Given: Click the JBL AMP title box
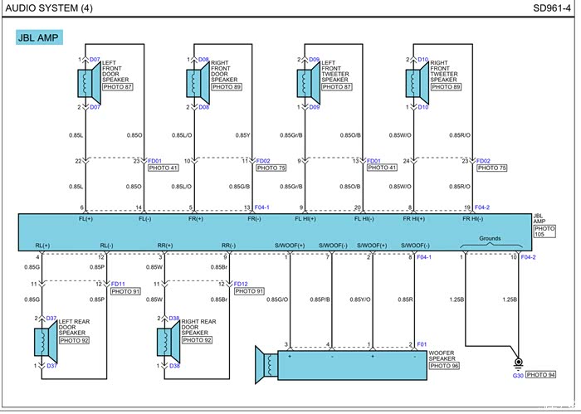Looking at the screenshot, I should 41,37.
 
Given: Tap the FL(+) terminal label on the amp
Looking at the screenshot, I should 85,219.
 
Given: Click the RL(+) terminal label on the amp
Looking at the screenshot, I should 43,246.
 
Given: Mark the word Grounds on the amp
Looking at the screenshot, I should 491,238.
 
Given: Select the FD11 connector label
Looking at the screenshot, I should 118,284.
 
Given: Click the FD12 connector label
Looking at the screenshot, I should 242,284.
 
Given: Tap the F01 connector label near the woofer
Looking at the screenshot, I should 422,344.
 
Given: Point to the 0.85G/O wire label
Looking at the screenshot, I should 277,300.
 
